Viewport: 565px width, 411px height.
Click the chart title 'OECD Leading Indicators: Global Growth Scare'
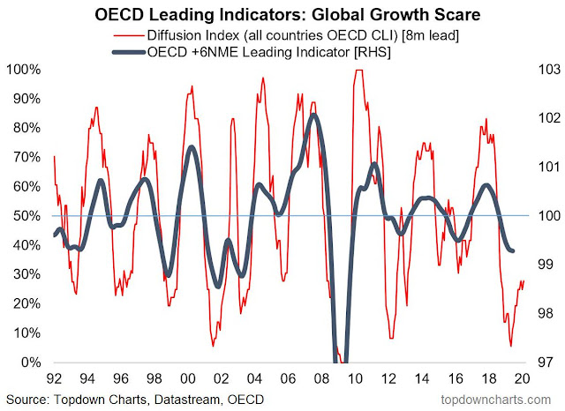pos(282,13)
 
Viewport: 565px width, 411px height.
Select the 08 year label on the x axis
pos(313,378)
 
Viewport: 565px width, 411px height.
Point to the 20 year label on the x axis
pos(522,378)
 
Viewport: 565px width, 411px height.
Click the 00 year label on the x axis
pos(187,378)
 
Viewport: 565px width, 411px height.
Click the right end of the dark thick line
pos(515,251)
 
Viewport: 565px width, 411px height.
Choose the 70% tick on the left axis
pos(27,157)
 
